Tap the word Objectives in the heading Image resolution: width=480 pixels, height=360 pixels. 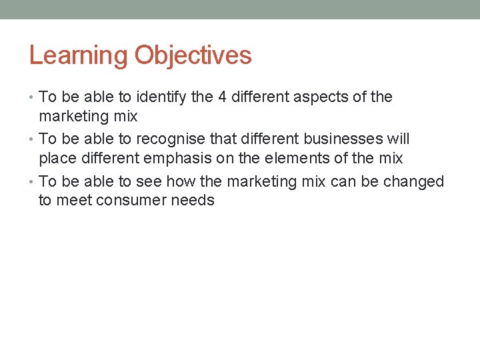[x=193, y=55]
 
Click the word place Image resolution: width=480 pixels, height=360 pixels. [x=56, y=159]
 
